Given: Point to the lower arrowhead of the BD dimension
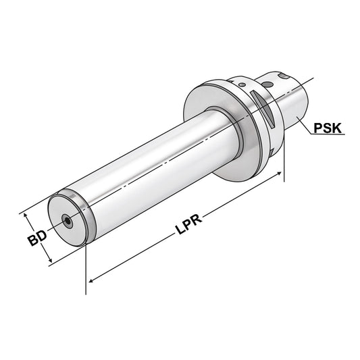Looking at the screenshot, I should click(x=50, y=262).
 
